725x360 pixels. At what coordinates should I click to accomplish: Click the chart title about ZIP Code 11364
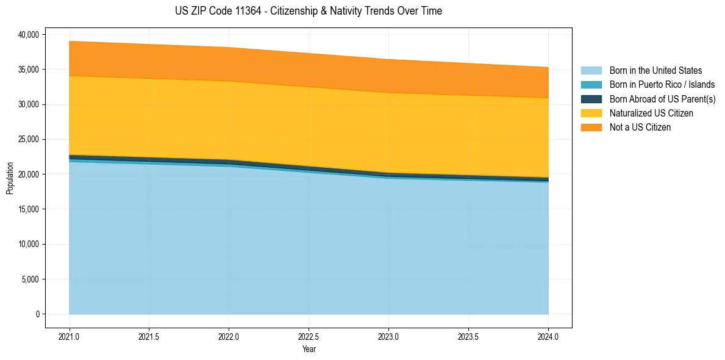308,11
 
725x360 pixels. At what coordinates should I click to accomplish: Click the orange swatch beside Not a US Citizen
591,128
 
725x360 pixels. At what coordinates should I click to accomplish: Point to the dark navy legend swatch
591,99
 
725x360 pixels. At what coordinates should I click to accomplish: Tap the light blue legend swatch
591,71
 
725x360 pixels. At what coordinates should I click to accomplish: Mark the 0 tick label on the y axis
37,314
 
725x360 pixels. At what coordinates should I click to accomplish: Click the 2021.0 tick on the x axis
70,336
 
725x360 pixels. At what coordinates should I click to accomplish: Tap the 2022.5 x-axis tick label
309,336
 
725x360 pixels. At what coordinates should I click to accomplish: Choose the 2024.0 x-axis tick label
548,336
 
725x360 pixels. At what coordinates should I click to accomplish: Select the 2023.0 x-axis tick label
388,336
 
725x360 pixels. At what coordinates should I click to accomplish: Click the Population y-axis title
10,178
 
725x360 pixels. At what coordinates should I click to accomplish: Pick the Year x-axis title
309,349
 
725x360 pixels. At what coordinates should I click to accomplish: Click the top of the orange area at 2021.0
70,41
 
